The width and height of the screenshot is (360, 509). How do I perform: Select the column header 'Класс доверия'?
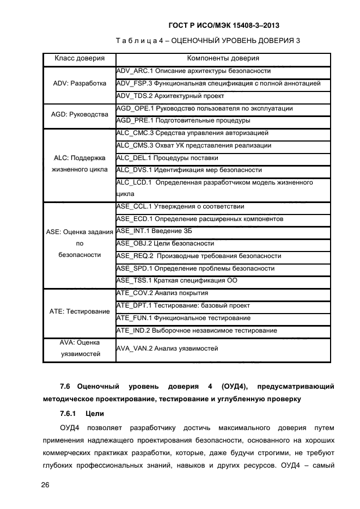pos(80,58)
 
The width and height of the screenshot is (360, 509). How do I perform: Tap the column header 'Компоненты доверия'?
pos(223,58)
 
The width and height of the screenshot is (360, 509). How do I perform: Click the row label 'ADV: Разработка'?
pos(80,83)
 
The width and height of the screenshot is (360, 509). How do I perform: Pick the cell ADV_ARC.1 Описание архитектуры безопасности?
pos(194,71)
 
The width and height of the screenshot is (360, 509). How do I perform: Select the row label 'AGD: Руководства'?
pos(80,114)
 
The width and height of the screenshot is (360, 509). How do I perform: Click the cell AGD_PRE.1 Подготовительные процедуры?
pos(184,120)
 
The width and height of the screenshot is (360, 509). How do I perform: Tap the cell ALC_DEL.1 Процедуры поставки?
pos(168,158)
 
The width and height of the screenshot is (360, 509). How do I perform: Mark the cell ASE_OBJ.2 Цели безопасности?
pos(166,243)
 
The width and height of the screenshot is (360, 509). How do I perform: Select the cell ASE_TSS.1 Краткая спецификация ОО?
pos(177,281)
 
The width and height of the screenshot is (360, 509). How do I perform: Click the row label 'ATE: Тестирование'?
pos(80,311)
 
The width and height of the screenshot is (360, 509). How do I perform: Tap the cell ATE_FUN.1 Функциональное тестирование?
pos(184,318)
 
